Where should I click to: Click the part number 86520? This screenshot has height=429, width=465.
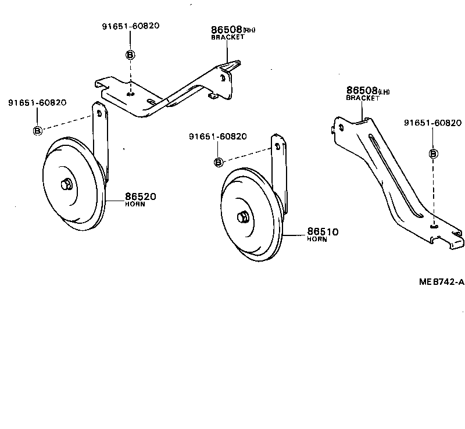(x=140, y=196)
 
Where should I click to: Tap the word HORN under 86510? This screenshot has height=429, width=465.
(x=317, y=239)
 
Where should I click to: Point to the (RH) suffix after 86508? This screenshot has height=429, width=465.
(x=249, y=30)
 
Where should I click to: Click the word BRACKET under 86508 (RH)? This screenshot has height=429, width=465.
(x=227, y=37)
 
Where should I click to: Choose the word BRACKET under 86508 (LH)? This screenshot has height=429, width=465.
(x=363, y=98)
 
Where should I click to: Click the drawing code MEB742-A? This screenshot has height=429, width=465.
(x=442, y=282)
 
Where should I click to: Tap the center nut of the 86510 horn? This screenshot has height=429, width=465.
(x=242, y=217)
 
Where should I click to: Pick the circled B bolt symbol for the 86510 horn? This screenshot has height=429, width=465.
(x=219, y=162)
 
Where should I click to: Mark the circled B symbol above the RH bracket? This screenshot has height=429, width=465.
(x=130, y=55)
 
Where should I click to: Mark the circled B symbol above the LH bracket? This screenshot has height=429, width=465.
(x=433, y=153)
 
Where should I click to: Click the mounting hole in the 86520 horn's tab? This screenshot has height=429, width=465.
(x=99, y=112)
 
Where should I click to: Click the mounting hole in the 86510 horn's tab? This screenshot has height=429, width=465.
(x=277, y=146)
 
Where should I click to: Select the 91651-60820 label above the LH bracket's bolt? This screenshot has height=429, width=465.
(x=432, y=123)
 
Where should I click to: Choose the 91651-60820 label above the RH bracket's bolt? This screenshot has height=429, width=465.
(x=130, y=26)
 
